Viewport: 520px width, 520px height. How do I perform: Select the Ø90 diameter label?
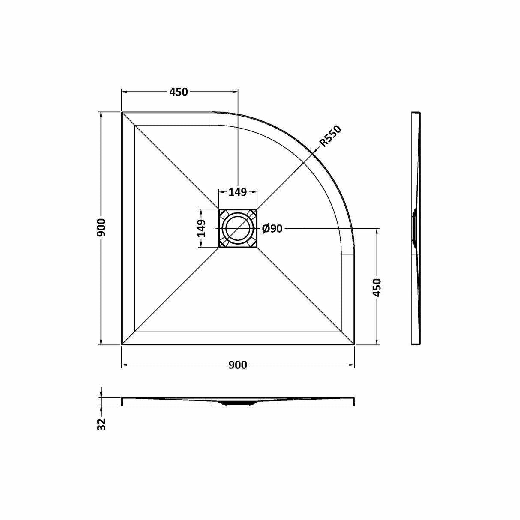tap(272, 229)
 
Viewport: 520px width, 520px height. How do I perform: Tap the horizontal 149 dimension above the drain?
tap(238, 192)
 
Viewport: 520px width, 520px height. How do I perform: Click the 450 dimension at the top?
tap(179, 92)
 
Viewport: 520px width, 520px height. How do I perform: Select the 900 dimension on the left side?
tap(101, 228)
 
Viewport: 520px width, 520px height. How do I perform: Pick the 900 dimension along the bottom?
tap(238, 365)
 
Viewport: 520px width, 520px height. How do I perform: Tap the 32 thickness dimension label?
tap(102, 424)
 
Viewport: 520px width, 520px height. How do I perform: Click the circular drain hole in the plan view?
tap(238, 228)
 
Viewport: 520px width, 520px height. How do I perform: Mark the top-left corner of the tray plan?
tap(123, 113)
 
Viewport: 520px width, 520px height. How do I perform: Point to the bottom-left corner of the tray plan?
tap(123, 344)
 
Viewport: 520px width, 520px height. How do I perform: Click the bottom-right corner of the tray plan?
tap(354, 344)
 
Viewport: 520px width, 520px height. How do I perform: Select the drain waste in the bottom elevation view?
tap(238, 403)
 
